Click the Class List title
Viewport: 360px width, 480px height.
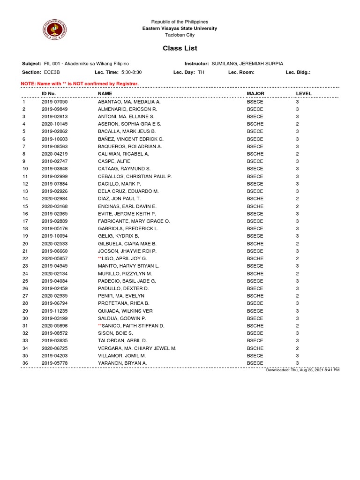(180, 48)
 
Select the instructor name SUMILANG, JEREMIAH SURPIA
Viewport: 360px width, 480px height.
(247, 64)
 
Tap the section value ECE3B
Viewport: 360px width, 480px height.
(52, 73)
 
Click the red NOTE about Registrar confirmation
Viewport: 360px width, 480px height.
(80, 83)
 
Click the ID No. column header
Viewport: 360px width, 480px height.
(49, 94)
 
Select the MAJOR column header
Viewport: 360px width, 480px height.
(255, 94)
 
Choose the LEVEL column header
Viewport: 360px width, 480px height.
(304, 94)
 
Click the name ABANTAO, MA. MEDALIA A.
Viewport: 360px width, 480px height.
(129, 102)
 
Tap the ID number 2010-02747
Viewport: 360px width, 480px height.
(55, 161)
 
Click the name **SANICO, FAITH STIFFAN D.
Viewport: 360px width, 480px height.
(131, 326)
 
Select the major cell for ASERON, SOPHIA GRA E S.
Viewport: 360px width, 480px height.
(255, 124)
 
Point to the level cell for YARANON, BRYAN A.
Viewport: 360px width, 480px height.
(297, 363)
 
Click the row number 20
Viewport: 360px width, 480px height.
(25, 244)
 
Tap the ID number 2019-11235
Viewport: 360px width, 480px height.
(55, 311)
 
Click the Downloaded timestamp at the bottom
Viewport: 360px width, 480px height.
(302, 370)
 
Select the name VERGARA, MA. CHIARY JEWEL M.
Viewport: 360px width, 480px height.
(137, 348)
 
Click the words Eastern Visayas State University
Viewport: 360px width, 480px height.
(180, 29)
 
